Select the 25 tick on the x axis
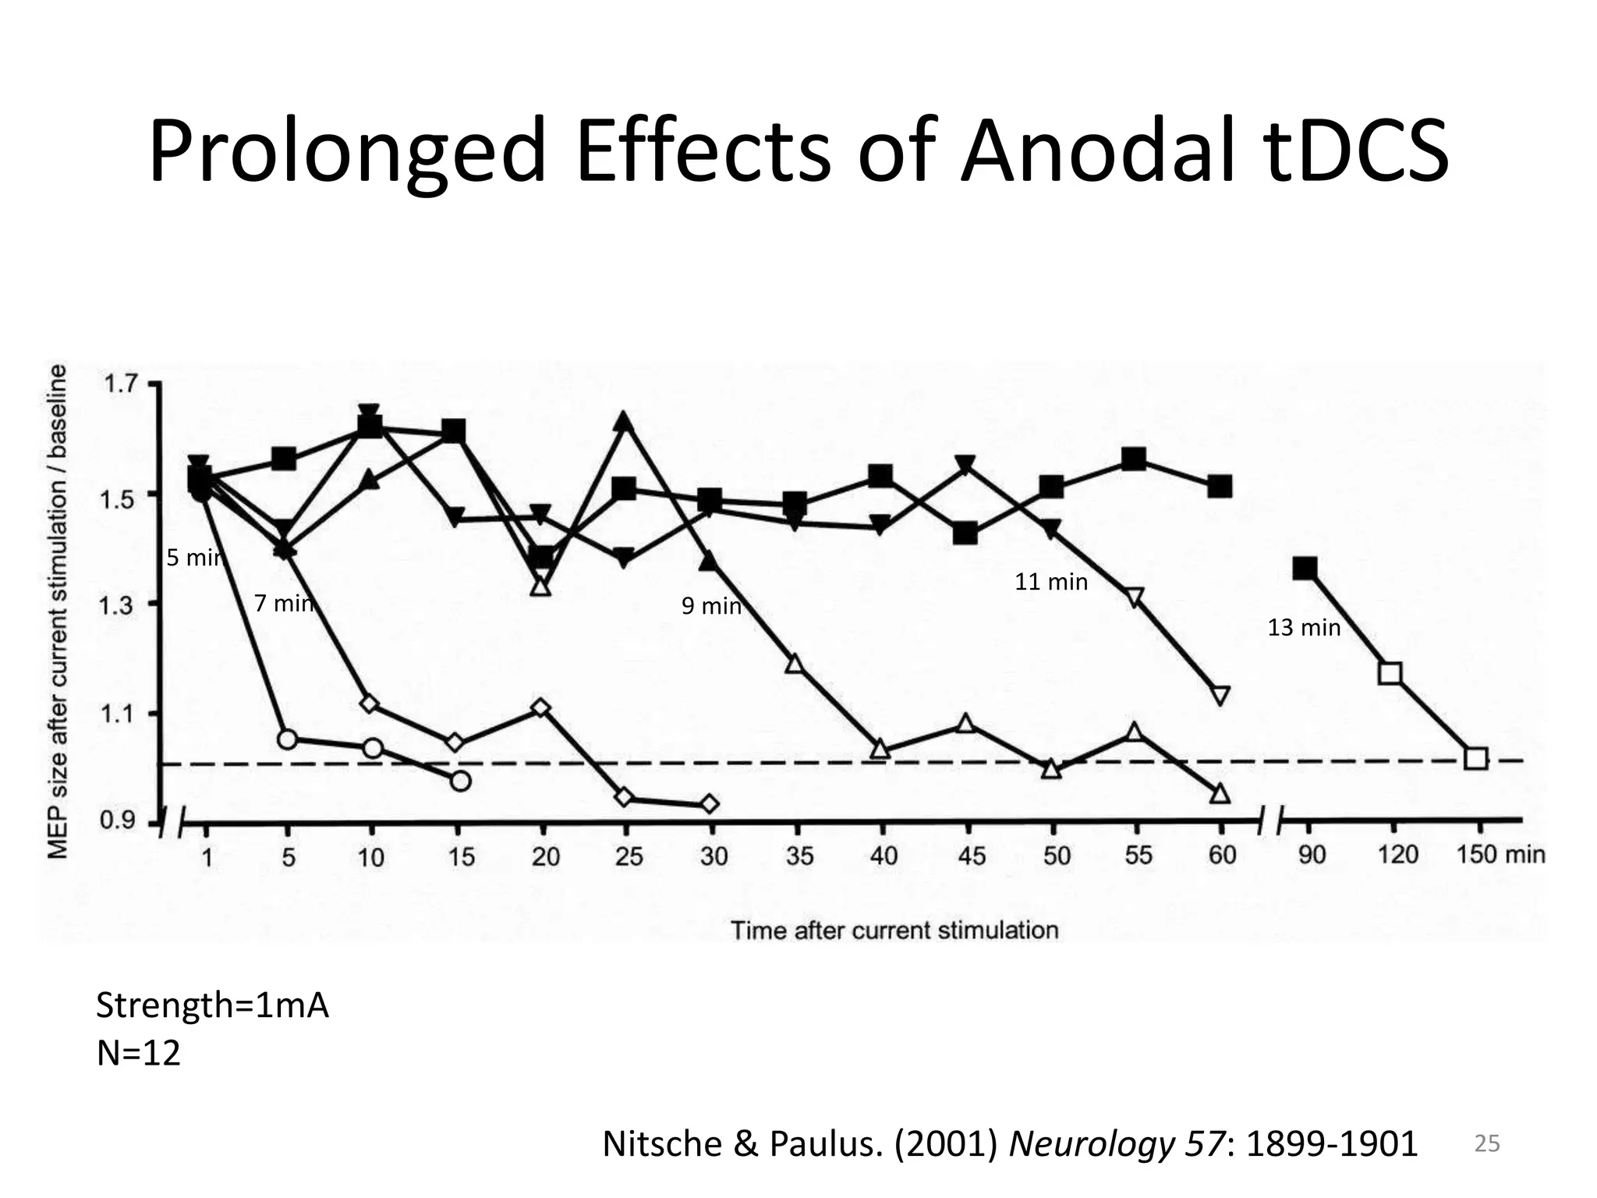point(629,856)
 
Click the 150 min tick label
point(1500,854)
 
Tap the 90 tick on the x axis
point(1312,855)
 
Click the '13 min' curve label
point(1304,628)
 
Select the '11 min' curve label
point(1050,582)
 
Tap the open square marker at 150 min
point(1475,758)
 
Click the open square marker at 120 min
point(1390,673)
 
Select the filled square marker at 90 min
point(1305,568)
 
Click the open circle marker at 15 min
point(461,781)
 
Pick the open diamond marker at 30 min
point(710,804)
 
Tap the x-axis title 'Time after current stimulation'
point(894,930)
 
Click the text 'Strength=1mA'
point(212,1006)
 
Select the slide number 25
point(1486,1144)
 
